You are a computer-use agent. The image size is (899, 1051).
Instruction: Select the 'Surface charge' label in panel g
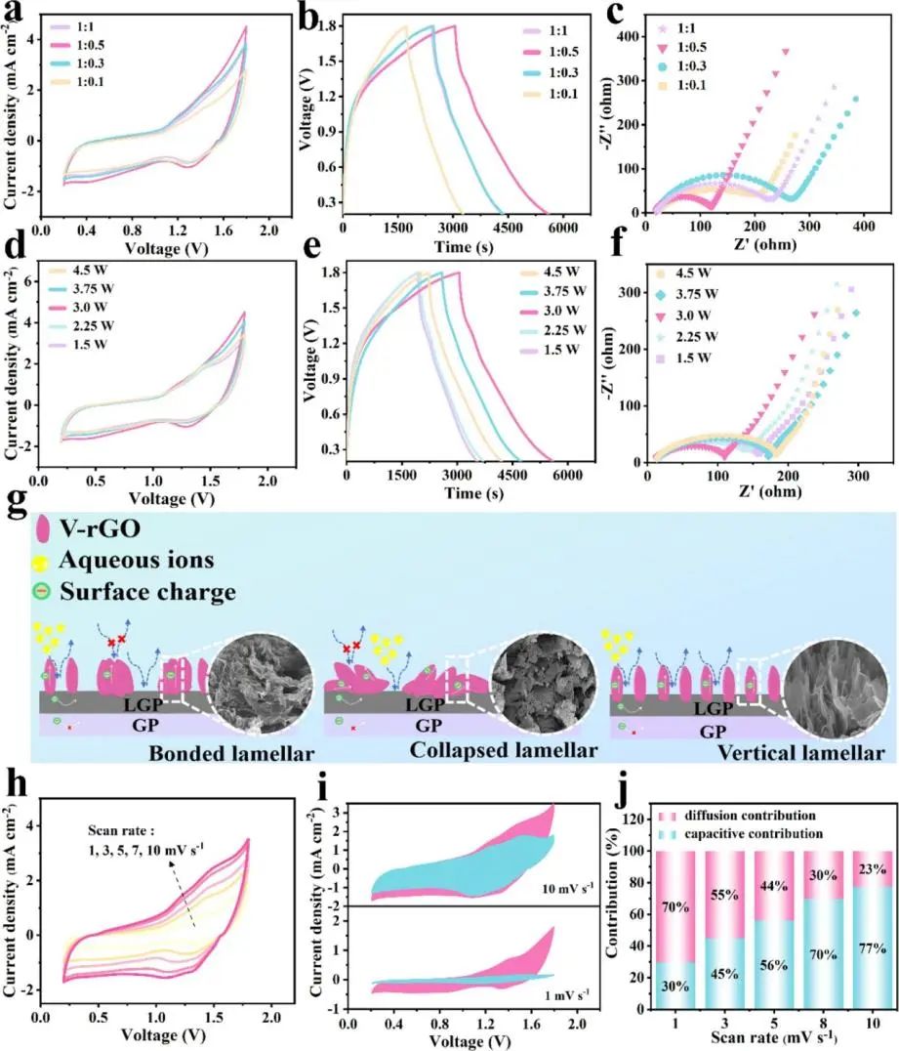[x=137, y=592]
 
